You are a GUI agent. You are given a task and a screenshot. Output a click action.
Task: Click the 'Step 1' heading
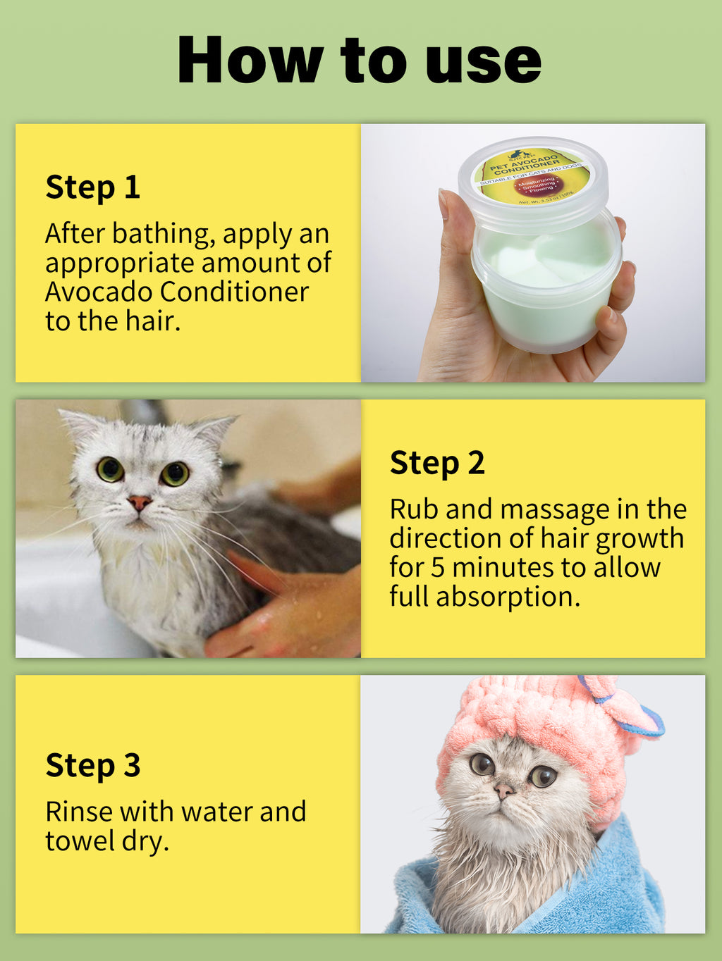(92, 187)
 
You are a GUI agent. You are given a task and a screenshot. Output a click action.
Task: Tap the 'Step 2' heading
(437, 463)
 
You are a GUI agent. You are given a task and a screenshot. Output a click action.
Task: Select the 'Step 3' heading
(92, 766)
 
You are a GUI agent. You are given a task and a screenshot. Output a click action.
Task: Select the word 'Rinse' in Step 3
(79, 812)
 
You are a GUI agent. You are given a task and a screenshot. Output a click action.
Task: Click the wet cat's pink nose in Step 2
(139, 502)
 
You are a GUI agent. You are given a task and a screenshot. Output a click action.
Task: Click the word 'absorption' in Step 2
(508, 597)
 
